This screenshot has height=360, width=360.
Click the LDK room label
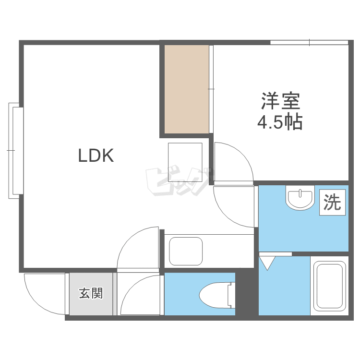pos(96,155)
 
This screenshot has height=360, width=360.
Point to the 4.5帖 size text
pos(280,123)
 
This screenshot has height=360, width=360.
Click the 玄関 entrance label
pos(91,293)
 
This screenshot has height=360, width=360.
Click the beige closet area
pos(187,89)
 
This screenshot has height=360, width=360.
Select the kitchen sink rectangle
pos(187,251)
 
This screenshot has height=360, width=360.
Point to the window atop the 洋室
pos(309,43)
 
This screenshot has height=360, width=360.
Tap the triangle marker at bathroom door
pos(267,263)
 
